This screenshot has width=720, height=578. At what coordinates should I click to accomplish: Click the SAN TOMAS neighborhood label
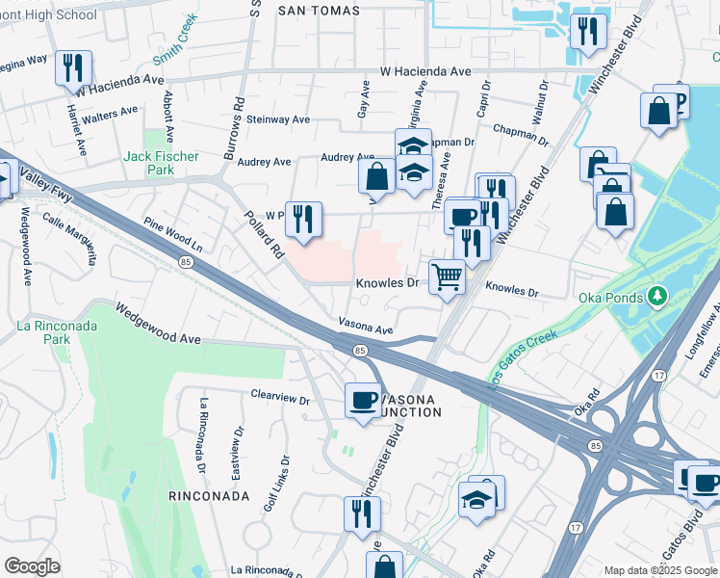click(x=319, y=11)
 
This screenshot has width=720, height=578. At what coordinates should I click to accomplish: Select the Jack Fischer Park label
click(x=161, y=163)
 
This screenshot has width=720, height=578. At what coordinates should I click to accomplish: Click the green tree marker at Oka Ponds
click(x=658, y=294)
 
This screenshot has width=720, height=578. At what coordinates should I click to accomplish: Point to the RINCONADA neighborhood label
click(x=209, y=496)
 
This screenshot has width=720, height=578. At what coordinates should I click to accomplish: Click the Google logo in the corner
click(x=32, y=566)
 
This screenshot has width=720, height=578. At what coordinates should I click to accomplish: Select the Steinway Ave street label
click(x=279, y=119)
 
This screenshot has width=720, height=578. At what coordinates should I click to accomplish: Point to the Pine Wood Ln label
click(x=173, y=235)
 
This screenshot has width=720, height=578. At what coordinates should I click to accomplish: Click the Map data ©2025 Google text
click(x=659, y=570)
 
